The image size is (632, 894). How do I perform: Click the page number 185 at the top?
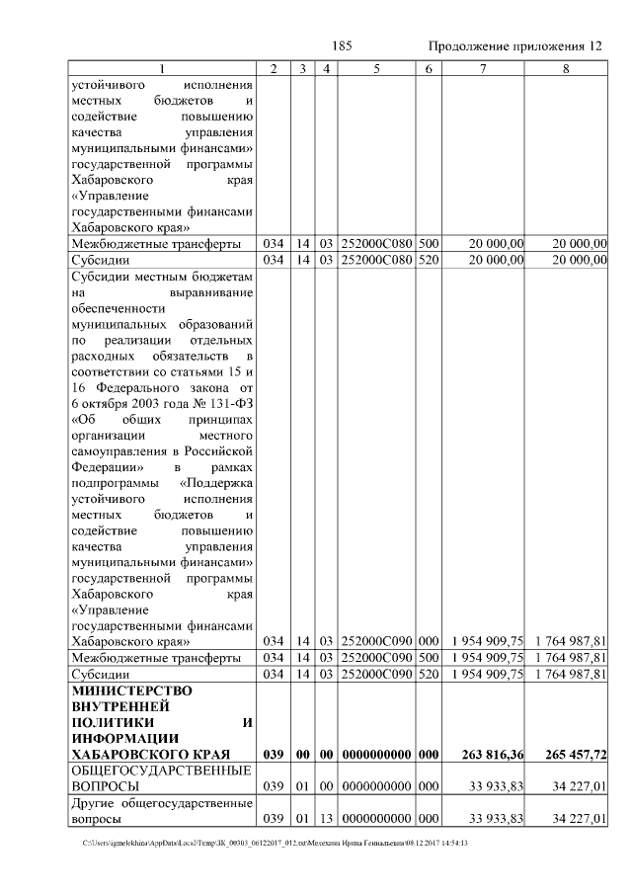[x=343, y=46]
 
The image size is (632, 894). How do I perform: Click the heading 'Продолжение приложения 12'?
[x=515, y=46]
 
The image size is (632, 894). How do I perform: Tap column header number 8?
[x=566, y=69]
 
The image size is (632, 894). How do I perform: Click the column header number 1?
[x=162, y=69]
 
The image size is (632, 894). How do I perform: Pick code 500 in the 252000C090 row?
[x=428, y=657]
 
